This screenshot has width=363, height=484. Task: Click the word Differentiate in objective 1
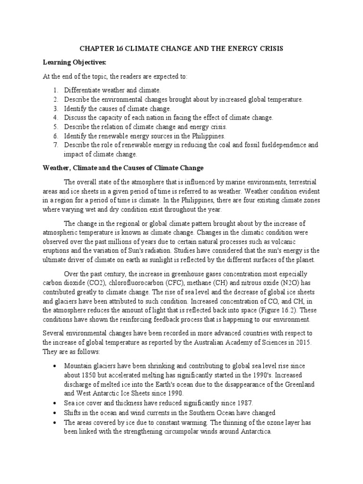82,90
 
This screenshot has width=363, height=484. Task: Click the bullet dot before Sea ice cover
55,403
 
